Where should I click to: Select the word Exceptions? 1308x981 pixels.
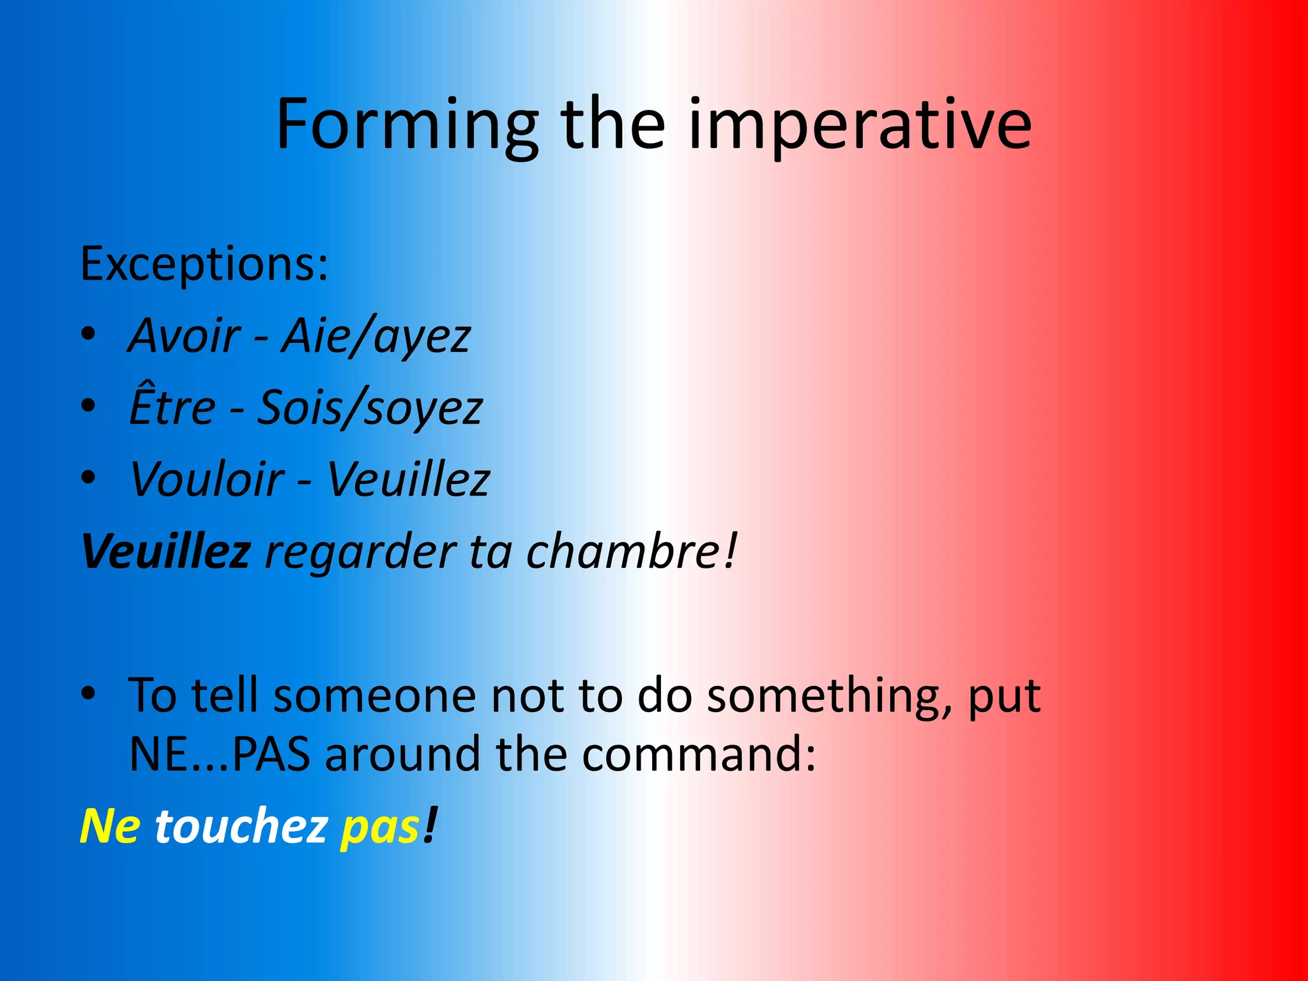point(203,264)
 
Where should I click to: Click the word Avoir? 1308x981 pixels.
point(185,336)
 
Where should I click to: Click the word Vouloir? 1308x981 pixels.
point(206,479)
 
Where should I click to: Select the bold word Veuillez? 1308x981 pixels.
point(165,551)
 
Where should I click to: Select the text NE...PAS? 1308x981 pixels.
point(219,754)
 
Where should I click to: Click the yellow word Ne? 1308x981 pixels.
point(109,826)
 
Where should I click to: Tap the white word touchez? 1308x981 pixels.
point(241,826)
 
